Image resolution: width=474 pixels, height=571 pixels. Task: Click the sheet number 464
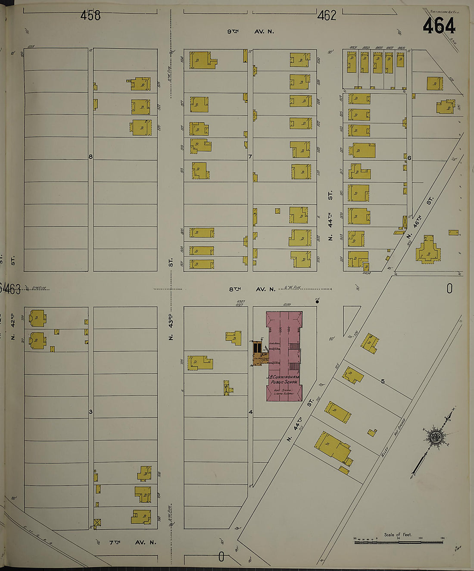[439, 26]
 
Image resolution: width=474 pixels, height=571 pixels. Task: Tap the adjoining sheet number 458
[90, 16]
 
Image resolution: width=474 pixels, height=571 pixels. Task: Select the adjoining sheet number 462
[326, 16]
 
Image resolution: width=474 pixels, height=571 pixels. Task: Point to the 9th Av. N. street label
[250, 31]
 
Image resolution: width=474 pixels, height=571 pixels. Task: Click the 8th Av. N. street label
[252, 289]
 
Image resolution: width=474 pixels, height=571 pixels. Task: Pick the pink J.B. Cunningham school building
[284, 356]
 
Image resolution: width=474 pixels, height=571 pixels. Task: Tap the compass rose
[436, 437]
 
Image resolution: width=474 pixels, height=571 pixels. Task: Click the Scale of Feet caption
[398, 535]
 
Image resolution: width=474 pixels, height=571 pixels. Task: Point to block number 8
[90, 156]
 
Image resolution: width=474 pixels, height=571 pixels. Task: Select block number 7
[250, 156]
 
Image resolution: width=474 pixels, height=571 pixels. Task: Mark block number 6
[409, 158]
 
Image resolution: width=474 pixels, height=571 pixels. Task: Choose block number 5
[382, 381]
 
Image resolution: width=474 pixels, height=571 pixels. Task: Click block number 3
[90, 412]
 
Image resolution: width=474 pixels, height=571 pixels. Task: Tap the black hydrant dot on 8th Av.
[317, 302]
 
